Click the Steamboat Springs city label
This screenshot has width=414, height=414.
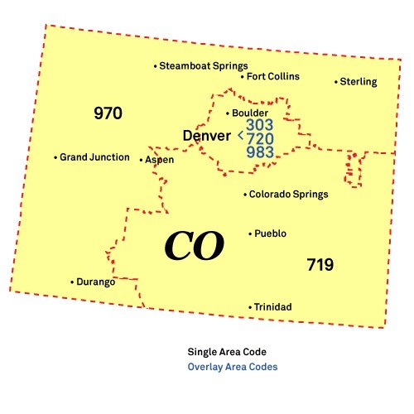(x=204, y=66)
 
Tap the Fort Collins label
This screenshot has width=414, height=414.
(x=273, y=77)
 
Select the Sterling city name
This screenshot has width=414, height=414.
(x=359, y=82)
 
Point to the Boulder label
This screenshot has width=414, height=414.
(x=250, y=113)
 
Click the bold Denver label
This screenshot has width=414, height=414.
(x=207, y=135)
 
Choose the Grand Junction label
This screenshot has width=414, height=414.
(x=94, y=157)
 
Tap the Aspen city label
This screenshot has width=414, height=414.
(x=160, y=160)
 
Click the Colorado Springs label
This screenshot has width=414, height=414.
(x=289, y=195)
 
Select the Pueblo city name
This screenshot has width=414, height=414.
(x=271, y=233)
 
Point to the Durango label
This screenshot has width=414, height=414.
(x=96, y=282)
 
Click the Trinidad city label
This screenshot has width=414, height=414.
(x=272, y=307)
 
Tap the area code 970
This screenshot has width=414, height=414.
(x=108, y=113)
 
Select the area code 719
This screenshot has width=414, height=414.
(x=320, y=265)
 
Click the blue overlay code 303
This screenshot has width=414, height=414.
(x=260, y=124)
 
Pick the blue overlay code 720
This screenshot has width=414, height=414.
(x=260, y=138)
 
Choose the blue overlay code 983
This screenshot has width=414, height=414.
(x=260, y=152)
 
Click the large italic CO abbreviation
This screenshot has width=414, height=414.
(x=194, y=245)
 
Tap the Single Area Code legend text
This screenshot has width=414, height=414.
(x=227, y=351)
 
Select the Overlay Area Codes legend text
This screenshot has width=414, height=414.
(x=233, y=366)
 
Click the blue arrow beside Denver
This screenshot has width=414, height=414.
(x=240, y=133)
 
